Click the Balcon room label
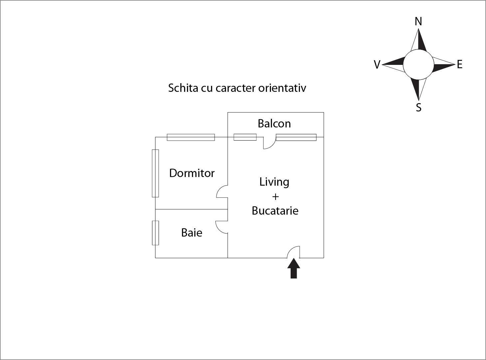pos(274,123)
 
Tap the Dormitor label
pos(192,173)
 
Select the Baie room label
pos(192,233)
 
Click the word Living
pos(274,182)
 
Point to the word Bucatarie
pos(275,211)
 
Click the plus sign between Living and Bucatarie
pos(275,197)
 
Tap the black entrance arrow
pos(294,269)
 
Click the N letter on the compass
pos(418,22)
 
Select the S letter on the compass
pos(418,107)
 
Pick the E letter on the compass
pos(460,65)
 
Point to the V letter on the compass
pos(377,65)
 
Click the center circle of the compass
pos(418,65)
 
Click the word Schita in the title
pos(183,88)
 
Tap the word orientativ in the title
pos(282,88)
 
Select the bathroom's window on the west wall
pos(155,233)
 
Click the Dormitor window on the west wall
pos(155,173)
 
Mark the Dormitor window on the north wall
pos(191,137)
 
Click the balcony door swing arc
pos(270,143)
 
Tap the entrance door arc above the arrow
pos(293,252)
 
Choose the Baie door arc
pos(222,227)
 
